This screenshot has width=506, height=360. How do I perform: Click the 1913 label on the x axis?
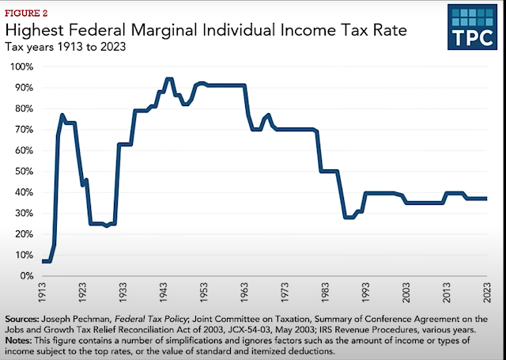pyautogui.click(x=45, y=295)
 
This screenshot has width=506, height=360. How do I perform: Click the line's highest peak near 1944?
pyautogui.click(x=169, y=79)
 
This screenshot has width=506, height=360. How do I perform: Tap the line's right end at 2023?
pyautogui.click(x=485, y=199)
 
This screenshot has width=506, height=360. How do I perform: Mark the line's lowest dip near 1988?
pyautogui.click(x=348, y=217)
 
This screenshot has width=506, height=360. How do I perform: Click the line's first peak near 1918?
pyautogui.click(x=62, y=116)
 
